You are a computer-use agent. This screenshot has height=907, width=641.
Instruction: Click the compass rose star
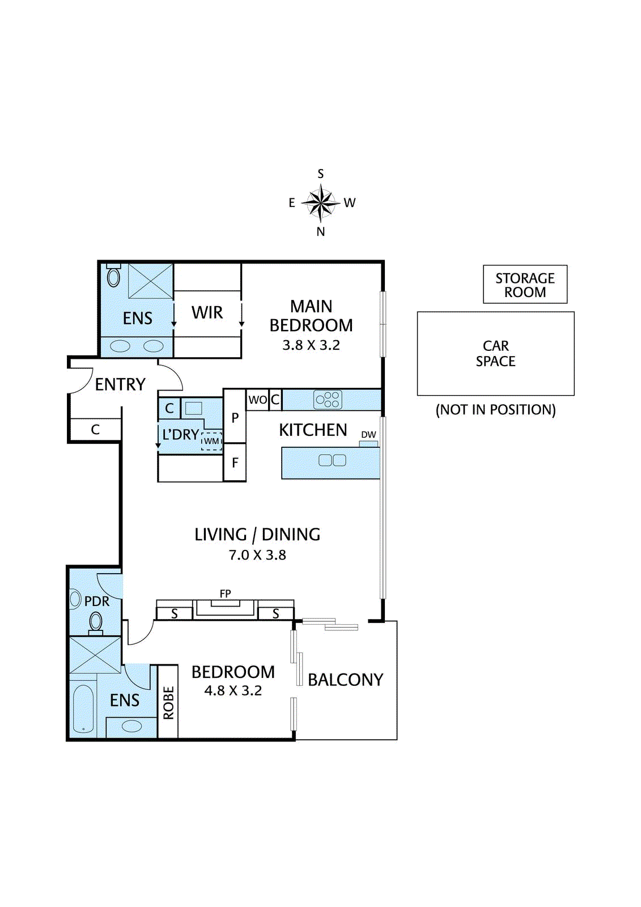point(321,202)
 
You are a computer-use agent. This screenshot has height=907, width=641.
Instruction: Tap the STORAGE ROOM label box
point(525,284)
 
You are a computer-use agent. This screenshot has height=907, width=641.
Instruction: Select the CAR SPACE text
point(496,354)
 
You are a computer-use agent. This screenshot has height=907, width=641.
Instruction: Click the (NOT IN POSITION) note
point(496,410)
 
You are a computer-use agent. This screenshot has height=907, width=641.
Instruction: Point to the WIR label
point(207,312)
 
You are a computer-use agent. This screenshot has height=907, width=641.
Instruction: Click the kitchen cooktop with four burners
point(328,400)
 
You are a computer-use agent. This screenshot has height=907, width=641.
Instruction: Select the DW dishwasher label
point(368,434)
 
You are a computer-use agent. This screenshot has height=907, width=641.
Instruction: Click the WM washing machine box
point(211,441)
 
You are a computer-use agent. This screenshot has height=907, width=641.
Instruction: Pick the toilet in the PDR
point(96,624)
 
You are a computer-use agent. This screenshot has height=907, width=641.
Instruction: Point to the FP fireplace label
point(225,594)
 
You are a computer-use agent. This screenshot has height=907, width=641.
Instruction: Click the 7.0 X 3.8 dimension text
point(257,555)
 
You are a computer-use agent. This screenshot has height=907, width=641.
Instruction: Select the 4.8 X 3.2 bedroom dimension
point(233,690)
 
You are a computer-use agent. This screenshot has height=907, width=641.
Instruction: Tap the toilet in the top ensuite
point(114,276)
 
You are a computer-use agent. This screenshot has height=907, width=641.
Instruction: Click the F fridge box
point(235,462)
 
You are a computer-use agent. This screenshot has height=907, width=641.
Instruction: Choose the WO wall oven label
point(257,400)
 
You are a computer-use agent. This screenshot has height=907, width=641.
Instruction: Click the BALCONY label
point(345,680)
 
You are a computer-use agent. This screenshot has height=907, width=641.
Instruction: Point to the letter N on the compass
point(321,232)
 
